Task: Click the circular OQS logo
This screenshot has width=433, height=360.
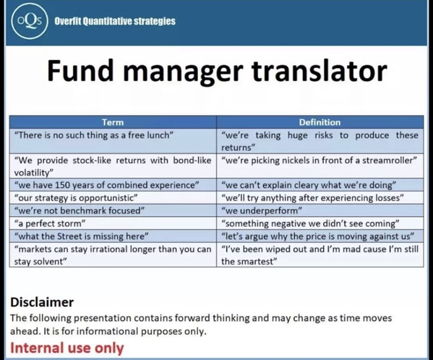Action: click(x=30, y=21)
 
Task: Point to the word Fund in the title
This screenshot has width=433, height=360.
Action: click(x=80, y=70)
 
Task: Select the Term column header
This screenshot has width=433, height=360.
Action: click(x=113, y=122)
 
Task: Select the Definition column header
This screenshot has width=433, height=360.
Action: click(x=320, y=122)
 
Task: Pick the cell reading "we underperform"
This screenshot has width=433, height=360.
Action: click(x=320, y=210)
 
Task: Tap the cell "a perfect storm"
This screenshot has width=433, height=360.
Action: click(x=113, y=223)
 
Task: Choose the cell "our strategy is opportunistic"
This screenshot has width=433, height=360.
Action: click(x=113, y=197)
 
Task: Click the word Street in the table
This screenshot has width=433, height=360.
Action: click(x=70, y=236)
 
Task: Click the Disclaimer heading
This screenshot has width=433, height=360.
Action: click(x=42, y=302)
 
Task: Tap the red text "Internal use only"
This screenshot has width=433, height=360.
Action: click(x=67, y=348)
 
